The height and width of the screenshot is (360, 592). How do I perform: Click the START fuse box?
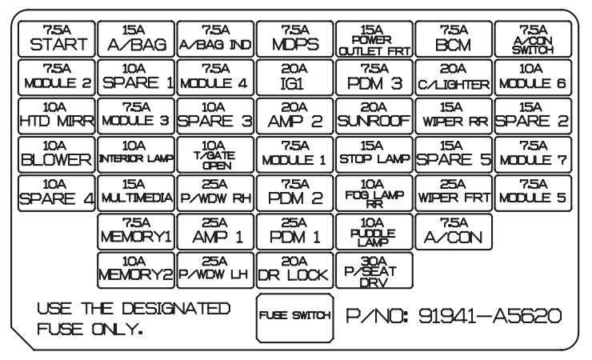(55, 38)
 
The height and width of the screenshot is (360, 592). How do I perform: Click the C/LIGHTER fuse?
(454, 78)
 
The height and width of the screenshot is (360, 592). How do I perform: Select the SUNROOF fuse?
(374, 117)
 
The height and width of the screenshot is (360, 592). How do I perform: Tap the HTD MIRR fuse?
(55, 117)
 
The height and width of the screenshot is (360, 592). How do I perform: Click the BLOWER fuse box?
(55, 155)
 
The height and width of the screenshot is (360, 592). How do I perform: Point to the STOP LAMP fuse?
(374, 155)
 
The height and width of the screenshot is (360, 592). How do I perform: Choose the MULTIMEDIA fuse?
(135, 194)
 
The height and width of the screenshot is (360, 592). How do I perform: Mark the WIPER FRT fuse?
(454, 194)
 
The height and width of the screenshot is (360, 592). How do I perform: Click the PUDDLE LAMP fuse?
(374, 233)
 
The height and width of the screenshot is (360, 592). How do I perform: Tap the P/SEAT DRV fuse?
(374, 271)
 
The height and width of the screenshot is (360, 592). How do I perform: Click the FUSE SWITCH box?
(294, 316)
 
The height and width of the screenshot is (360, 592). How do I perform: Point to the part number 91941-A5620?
(458, 316)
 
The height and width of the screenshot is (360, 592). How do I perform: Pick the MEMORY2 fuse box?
(135, 271)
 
